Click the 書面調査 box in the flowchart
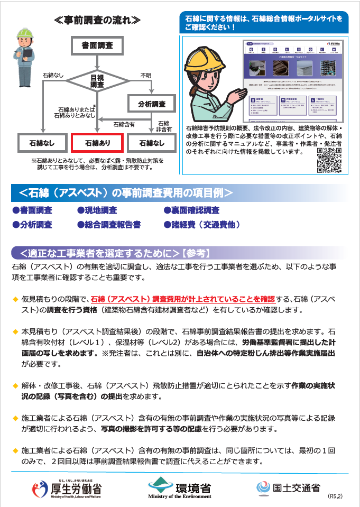click(x=97, y=46)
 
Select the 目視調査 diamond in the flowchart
click(x=97, y=80)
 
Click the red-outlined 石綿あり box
click(x=97, y=143)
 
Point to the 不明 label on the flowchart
click(x=145, y=75)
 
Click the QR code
click(x=328, y=161)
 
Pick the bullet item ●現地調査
click(x=97, y=210)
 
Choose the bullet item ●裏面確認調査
click(x=191, y=210)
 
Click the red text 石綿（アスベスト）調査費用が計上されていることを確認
click(x=182, y=299)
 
